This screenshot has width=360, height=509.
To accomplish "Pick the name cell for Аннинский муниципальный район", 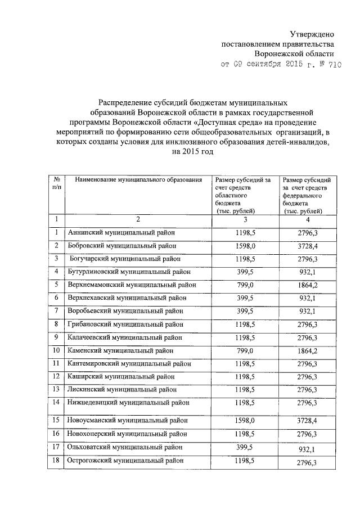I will point(121,232).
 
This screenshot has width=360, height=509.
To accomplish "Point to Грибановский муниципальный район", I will point(127,324).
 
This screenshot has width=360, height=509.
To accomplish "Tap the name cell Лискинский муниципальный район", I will point(123,389).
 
